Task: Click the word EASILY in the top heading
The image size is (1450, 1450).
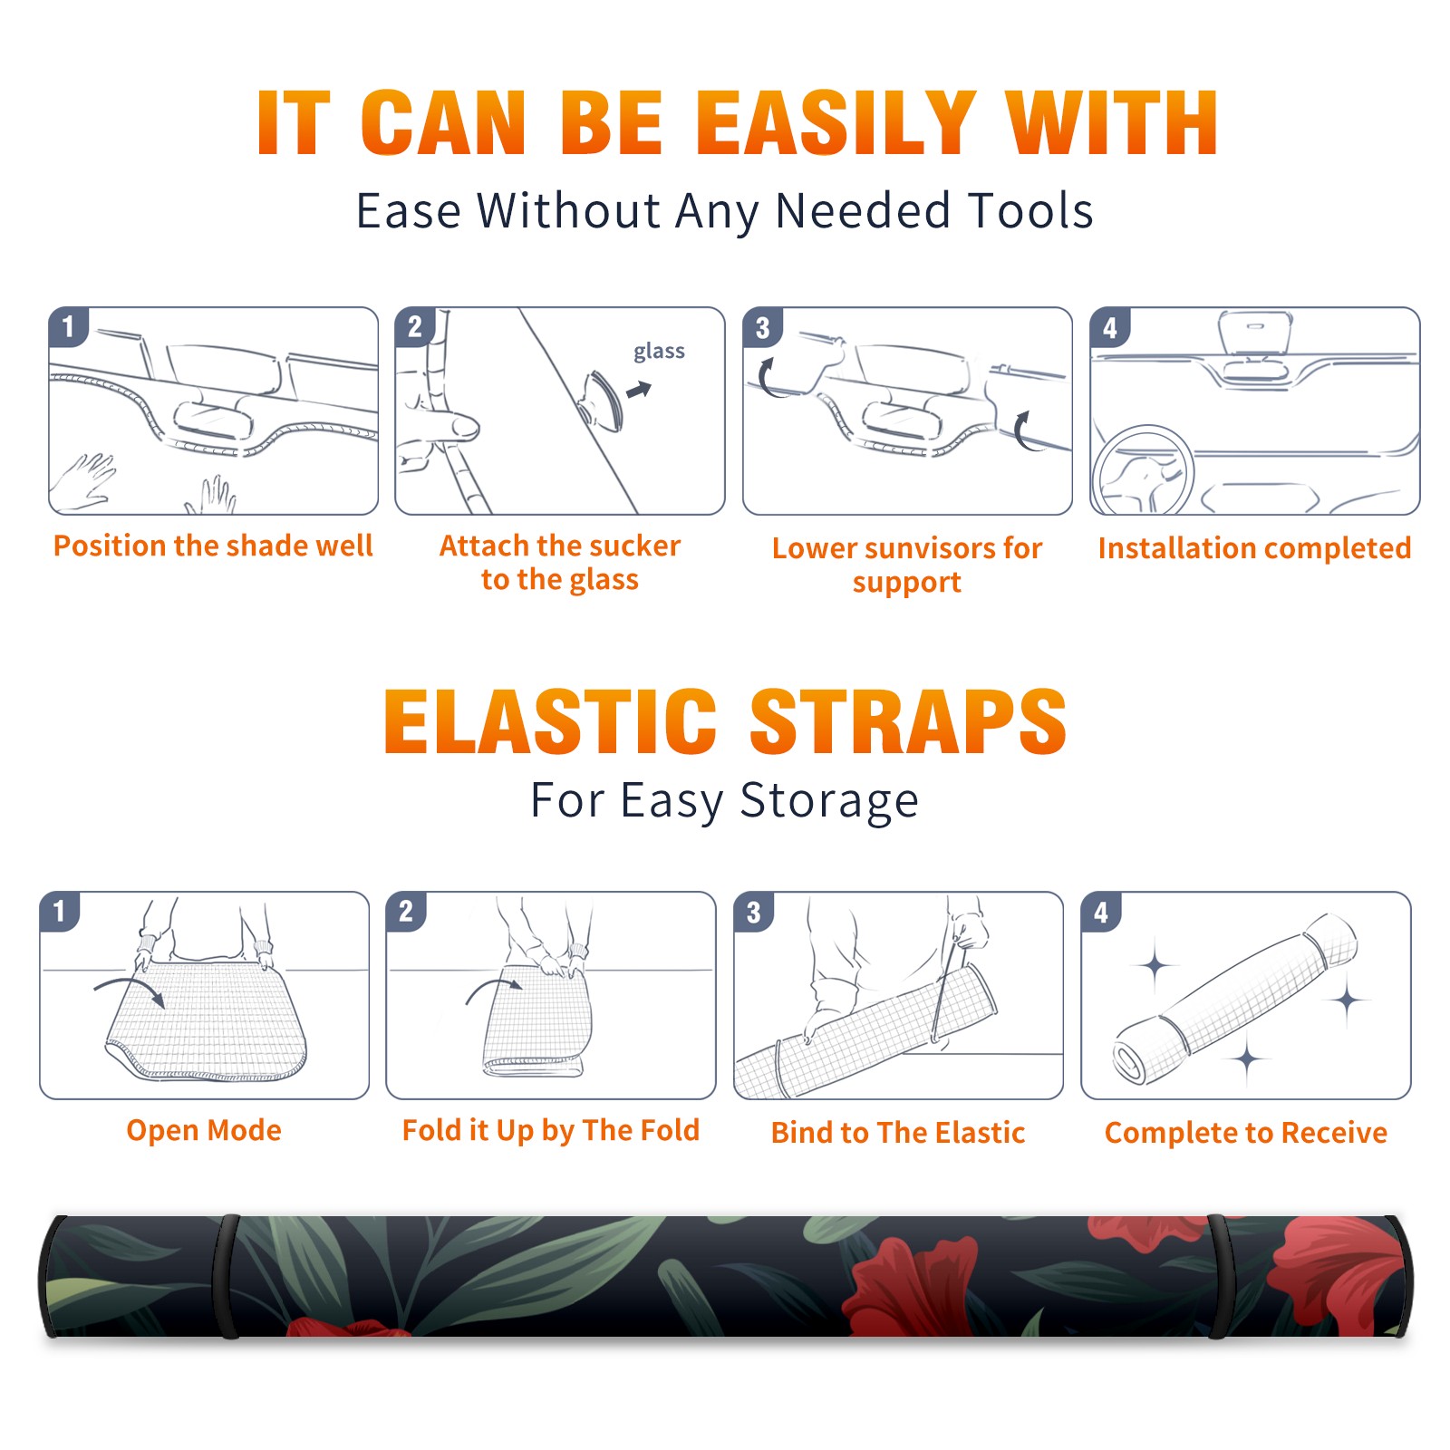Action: [836, 123]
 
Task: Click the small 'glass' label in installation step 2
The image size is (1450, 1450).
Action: [659, 352]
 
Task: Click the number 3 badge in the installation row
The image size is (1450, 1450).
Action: [762, 327]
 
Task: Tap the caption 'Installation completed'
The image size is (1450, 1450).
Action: [1254, 548]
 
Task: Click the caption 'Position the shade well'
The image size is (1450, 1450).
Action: [213, 546]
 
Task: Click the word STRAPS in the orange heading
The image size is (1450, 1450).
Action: [908, 721]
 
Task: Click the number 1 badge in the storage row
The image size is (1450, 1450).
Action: [60, 911]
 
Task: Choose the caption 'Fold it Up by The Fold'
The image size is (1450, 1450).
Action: [551, 1130]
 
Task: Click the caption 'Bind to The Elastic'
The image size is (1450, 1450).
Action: [898, 1133]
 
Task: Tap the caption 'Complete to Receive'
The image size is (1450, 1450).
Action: [1246, 1133]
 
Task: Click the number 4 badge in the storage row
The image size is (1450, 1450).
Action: [1101, 912]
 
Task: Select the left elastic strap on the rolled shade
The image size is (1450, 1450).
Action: [227, 1277]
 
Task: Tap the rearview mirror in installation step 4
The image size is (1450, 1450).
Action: [1255, 333]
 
